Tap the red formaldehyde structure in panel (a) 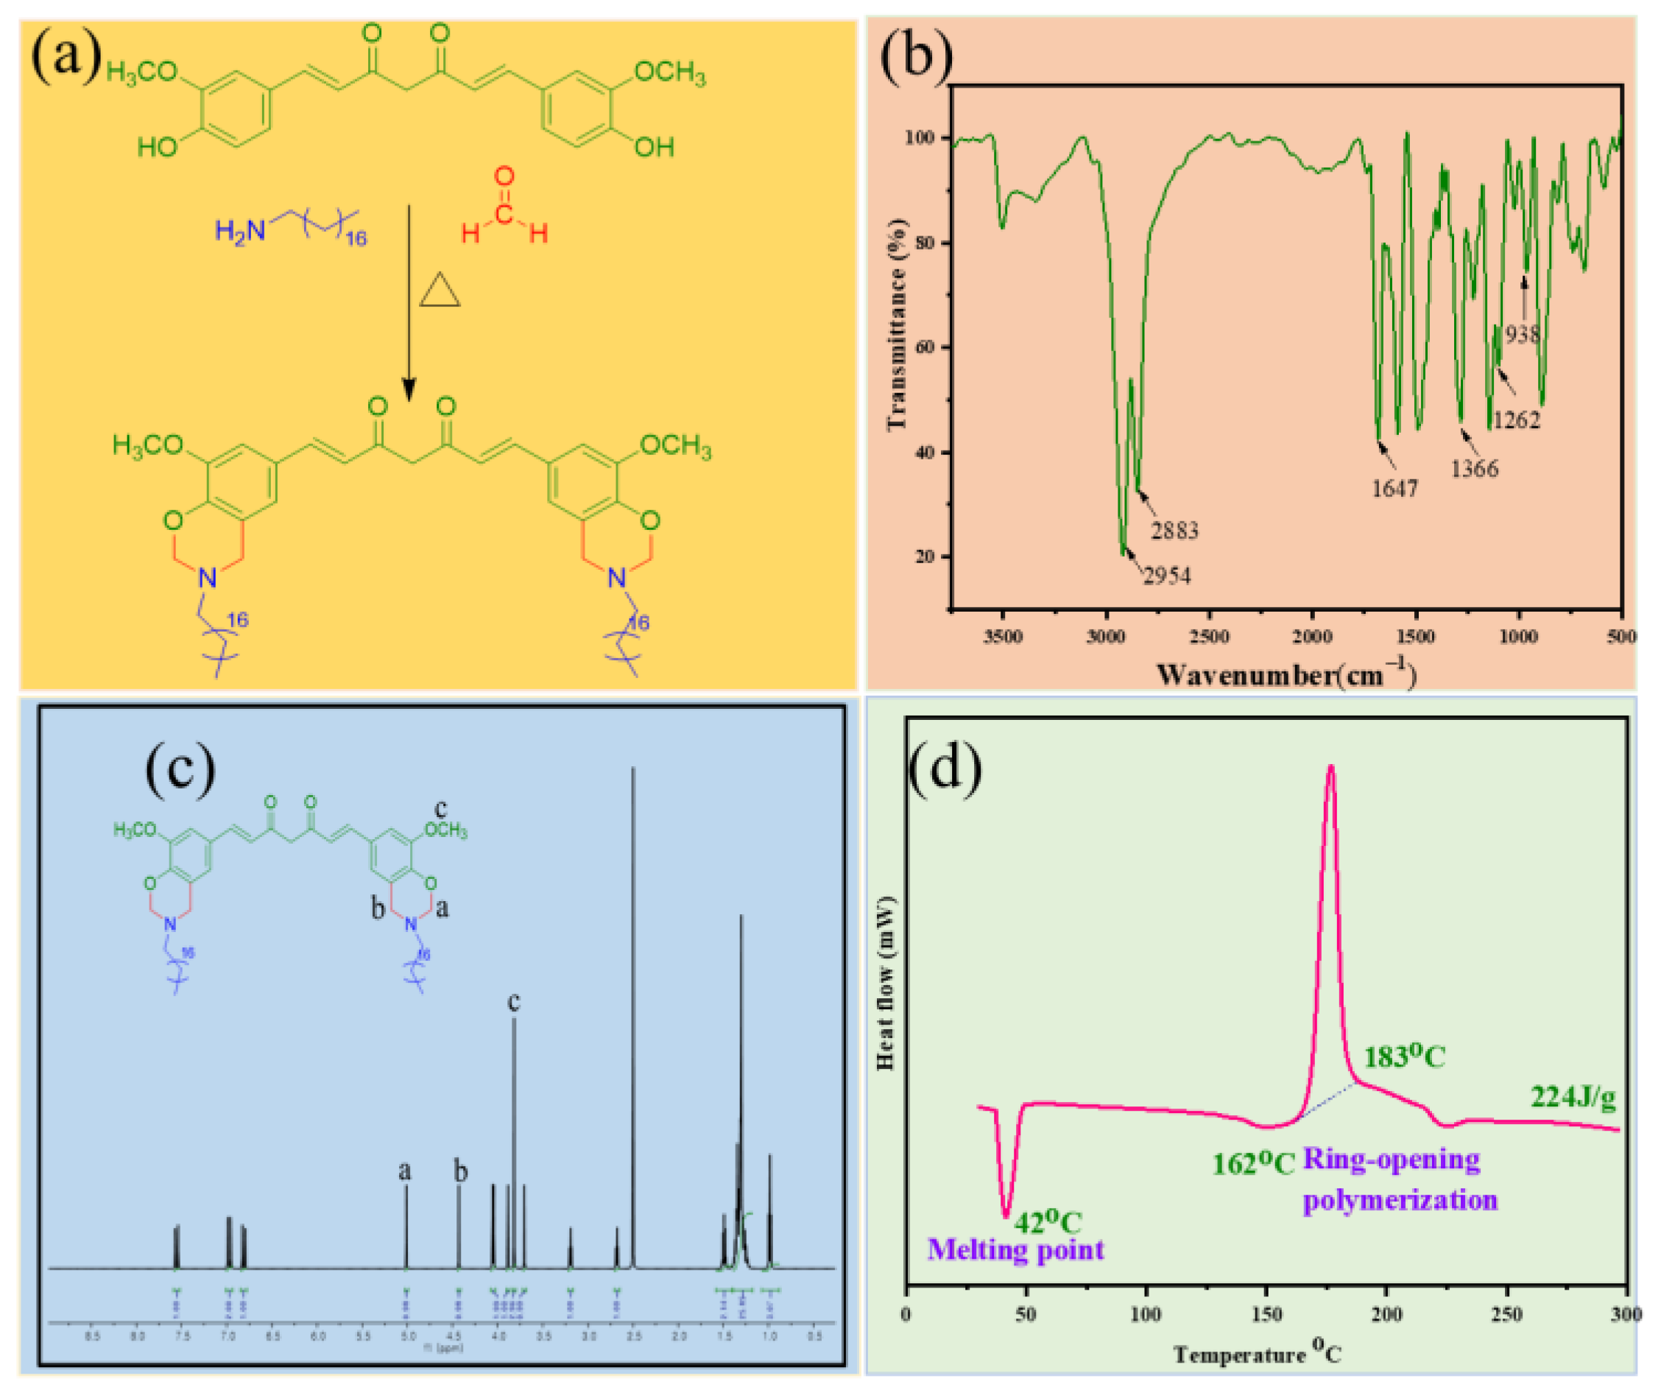(504, 207)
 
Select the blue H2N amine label (241, 231)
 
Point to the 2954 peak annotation (1167, 575)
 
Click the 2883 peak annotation (1174, 530)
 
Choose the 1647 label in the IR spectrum (1394, 488)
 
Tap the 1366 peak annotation (1474, 468)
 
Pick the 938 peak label (1523, 333)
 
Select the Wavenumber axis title (1286, 674)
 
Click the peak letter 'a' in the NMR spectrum (405, 1171)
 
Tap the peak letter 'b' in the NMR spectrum (460, 1171)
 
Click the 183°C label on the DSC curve (1404, 1056)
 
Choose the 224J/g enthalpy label (1573, 1097)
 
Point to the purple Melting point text (1015, 1249)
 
